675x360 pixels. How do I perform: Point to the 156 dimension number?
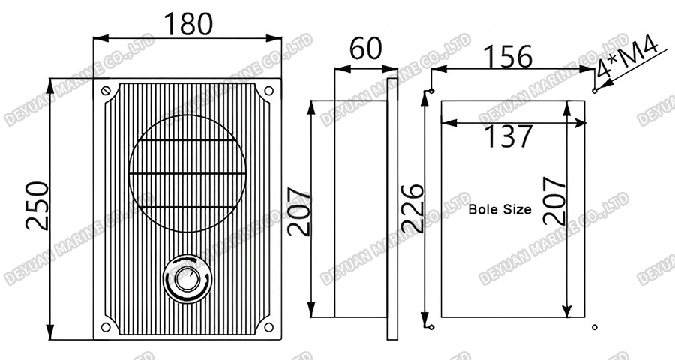[x=506, y=56]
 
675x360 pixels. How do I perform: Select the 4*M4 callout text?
[x=628, y=59]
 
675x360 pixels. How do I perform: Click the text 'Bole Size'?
[x=499, y=210]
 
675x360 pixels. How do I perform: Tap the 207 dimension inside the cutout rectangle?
[x=553, y=200]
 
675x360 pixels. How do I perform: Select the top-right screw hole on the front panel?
[x=268, y=91]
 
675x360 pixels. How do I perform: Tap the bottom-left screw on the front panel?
[x=106, y=326]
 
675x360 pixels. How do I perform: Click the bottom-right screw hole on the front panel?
[x=268, y=326]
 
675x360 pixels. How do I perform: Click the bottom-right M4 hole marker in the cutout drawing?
[x=594, y=327]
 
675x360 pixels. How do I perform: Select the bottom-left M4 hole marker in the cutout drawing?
[x=431, y=327]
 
